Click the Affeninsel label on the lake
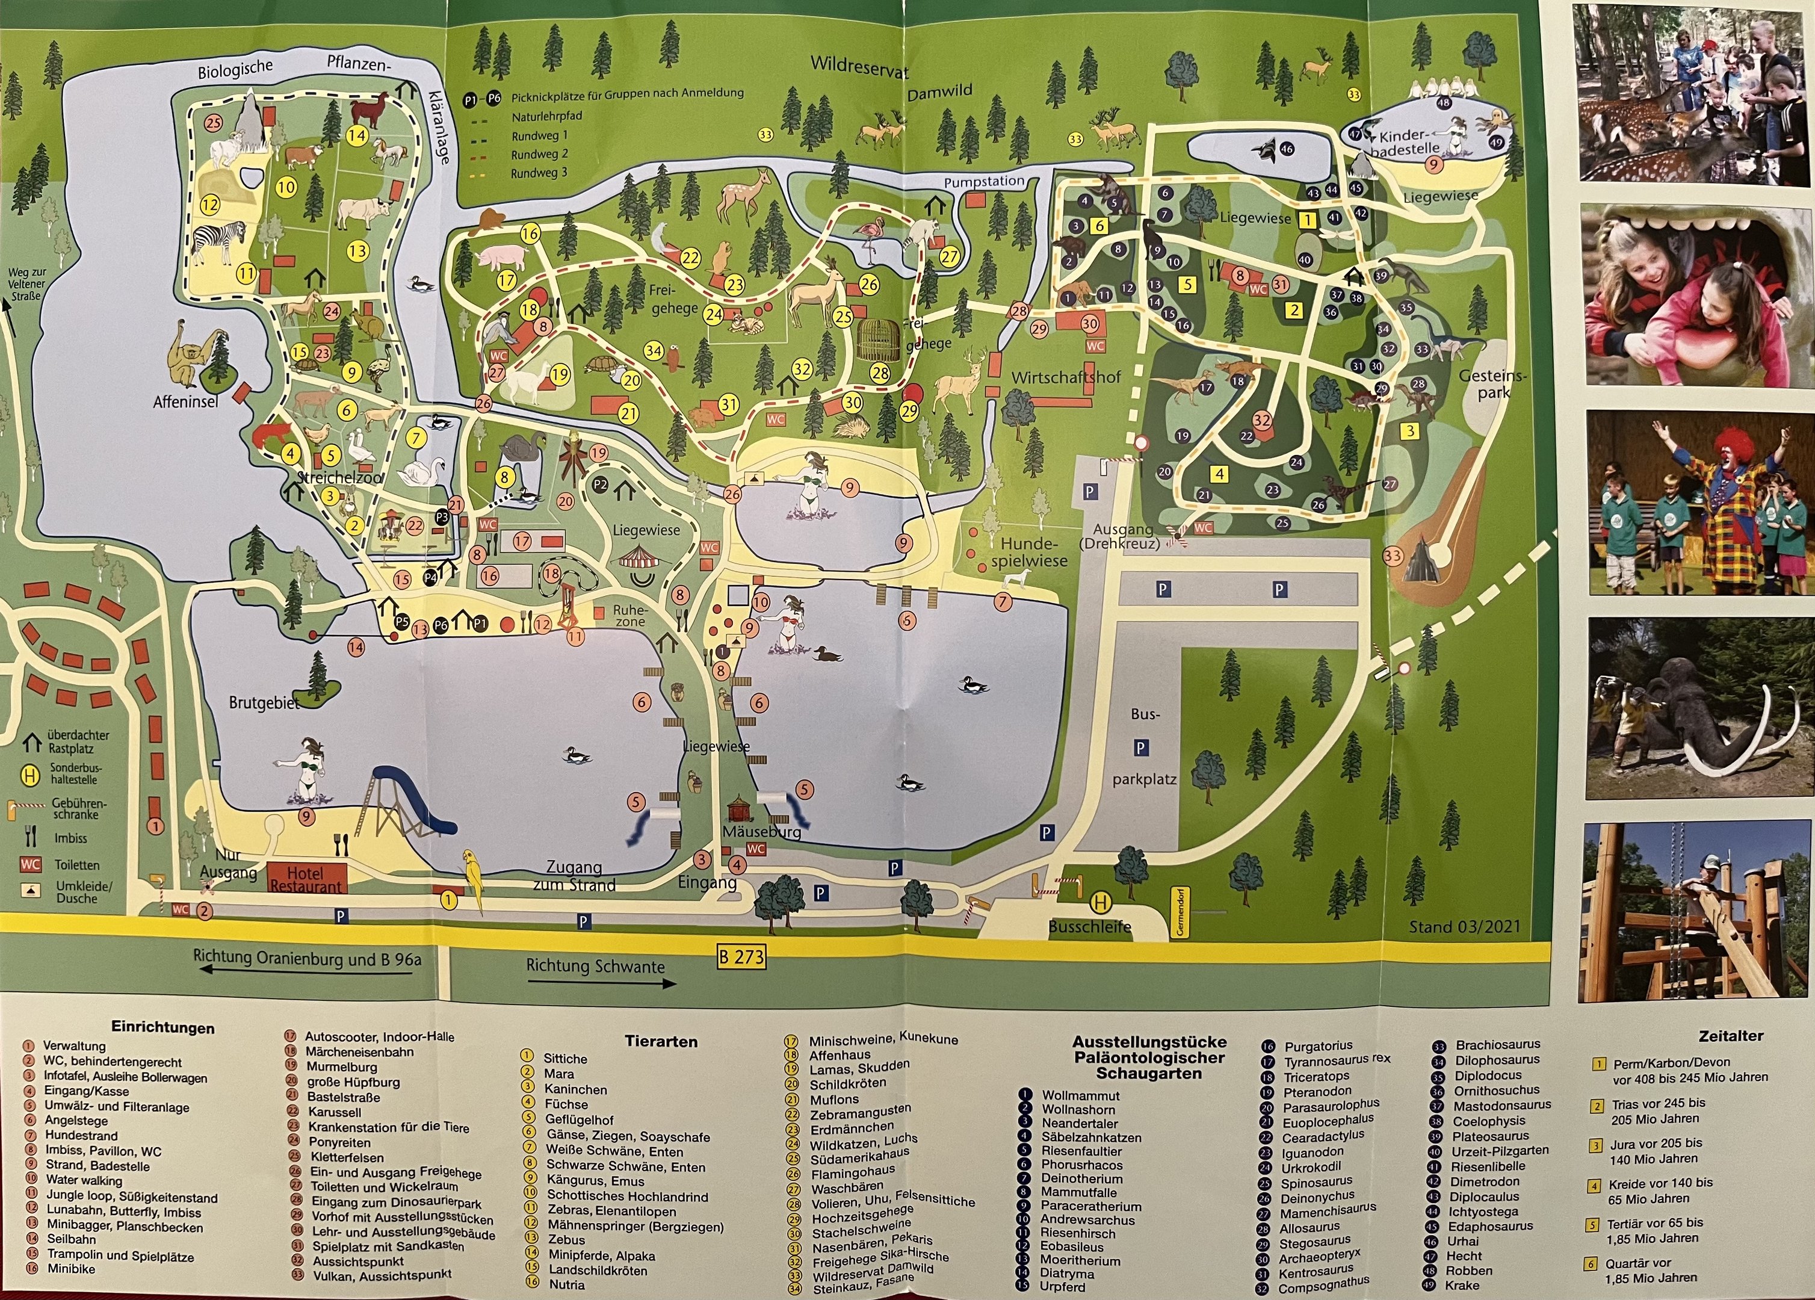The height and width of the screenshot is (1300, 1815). click(x=186, y=402)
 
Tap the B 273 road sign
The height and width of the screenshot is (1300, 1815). click(x=741, y=956)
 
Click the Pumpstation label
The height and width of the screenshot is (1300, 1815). click(x=983, y=182)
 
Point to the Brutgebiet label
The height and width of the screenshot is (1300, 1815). click(x=264, y=704)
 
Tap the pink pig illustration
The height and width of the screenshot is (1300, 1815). click(x=502, y=258)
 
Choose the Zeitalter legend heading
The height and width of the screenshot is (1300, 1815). click(x=1730, y=1036)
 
